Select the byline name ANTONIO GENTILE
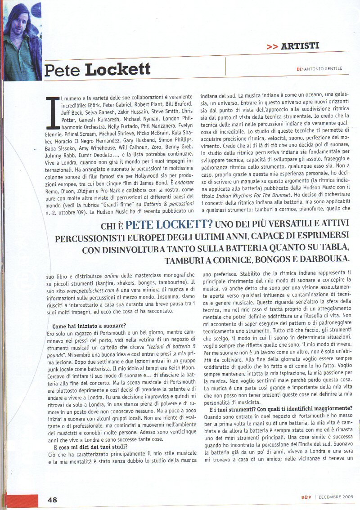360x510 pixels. tap(323, 68)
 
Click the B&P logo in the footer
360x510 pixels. tap(306, 497)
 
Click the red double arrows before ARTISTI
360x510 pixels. tap(272, 46)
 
